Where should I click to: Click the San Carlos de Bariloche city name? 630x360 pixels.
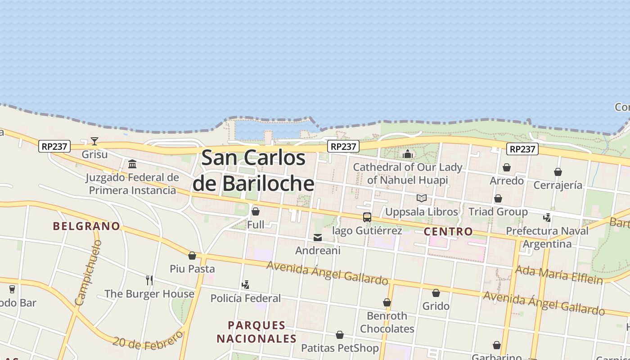(x=253, y=171)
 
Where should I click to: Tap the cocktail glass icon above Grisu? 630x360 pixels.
(x=94, y=141)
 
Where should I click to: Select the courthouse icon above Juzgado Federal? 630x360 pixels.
(x=132, y=164)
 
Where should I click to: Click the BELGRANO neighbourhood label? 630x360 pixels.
(x=86, y=226)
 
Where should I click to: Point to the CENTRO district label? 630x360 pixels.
(x=448, y=232)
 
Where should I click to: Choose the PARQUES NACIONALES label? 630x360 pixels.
(x=256, y=332)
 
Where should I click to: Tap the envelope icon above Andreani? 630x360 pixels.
(x=318, y=238)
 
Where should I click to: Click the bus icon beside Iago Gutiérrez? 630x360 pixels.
(x=367, y=217)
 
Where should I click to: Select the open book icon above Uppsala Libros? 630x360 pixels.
(x=422, y=198)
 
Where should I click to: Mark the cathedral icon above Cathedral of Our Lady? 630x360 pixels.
(x=408, y=154)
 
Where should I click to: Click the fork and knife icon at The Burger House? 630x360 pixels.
(x=149, y=280)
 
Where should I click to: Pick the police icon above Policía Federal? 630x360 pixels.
(x=245, y=284)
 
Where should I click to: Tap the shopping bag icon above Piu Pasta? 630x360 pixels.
(x=192, y=256)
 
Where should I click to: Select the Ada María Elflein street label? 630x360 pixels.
(x=558, y=274)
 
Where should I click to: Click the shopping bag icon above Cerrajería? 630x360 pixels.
(x=558, y=172)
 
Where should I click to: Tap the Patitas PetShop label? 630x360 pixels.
(x=340, y=348)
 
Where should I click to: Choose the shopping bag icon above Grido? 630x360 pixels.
(x=436, y=293)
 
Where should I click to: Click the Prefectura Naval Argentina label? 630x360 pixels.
(x=547, y=237)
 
